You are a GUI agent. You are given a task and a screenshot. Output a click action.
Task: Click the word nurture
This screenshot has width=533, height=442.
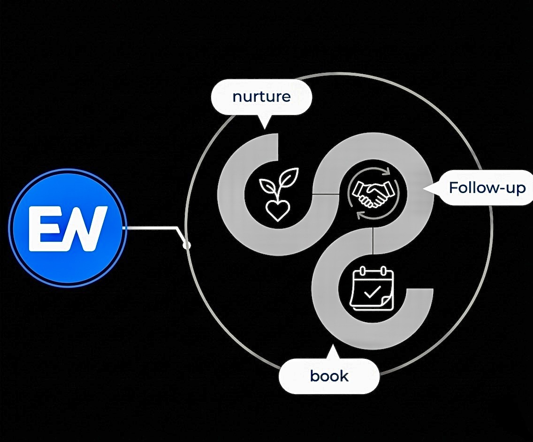261,97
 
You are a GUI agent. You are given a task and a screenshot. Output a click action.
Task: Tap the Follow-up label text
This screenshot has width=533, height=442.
487,188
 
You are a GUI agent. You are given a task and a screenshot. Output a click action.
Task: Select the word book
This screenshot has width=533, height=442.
329,376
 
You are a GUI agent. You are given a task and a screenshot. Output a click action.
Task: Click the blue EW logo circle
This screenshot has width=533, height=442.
67,228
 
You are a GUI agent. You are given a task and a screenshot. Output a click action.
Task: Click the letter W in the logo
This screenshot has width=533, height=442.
85,228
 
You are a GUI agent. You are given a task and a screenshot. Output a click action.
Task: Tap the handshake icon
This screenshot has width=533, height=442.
373,194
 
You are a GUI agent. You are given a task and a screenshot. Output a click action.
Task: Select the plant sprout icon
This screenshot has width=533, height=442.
278,194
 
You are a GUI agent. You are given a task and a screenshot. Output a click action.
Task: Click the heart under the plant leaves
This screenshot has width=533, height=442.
278,211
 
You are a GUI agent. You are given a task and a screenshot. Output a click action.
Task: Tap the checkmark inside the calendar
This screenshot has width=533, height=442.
372,292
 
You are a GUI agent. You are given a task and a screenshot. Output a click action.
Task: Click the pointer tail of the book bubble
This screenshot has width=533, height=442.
333,352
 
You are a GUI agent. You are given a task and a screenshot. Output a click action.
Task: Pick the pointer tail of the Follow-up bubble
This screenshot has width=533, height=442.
430,188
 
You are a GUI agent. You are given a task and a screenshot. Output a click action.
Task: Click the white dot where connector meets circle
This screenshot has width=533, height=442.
187,245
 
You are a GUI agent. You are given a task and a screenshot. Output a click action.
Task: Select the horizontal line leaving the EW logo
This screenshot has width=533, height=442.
151,228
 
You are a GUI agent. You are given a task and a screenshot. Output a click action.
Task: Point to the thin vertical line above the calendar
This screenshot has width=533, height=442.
373,240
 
